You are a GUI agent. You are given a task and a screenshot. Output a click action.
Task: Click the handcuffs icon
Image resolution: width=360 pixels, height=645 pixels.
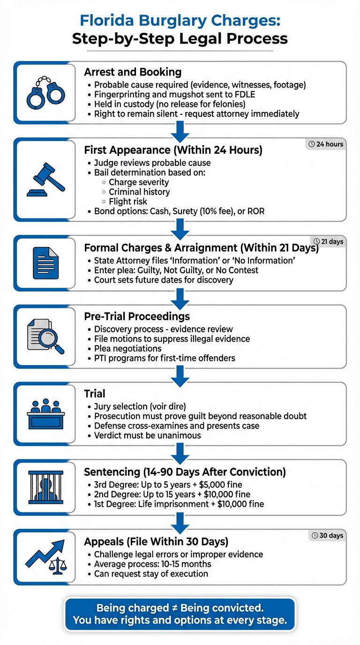tap(45, 93)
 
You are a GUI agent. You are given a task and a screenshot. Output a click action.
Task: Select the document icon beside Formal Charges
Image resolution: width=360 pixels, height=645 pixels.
tap(45, 263)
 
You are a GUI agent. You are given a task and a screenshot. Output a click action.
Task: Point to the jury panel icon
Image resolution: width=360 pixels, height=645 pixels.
tap(45, 413)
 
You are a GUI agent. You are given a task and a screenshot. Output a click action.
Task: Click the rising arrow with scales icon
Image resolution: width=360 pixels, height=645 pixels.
tap(45, 557)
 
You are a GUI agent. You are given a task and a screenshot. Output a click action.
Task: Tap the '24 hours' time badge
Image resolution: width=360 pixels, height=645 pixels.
tap(327, 144)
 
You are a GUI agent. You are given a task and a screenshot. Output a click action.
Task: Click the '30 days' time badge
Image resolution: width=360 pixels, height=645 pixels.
tap(328, 535)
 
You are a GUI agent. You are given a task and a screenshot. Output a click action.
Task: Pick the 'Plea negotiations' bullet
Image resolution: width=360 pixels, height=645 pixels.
tap(128, 348)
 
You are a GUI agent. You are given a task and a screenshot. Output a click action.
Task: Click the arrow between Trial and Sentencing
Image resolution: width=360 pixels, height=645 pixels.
tap(180, 452)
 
